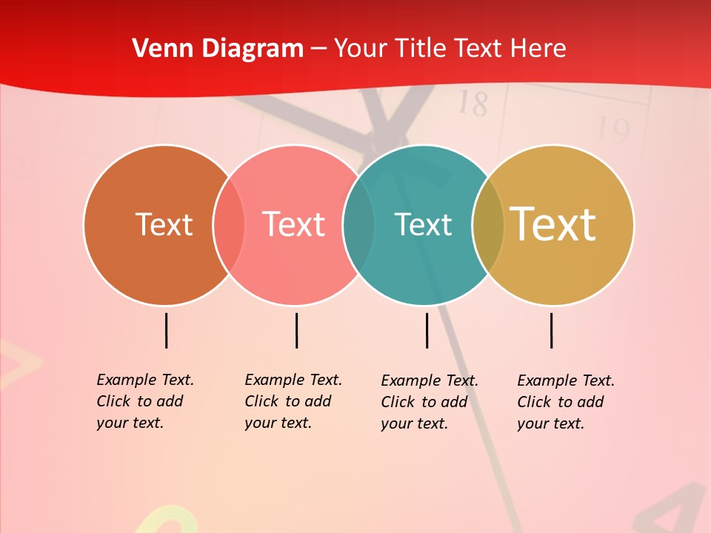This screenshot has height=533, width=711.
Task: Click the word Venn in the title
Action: (x=156, y=48)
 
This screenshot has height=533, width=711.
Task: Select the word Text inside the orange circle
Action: (x=164, y=224)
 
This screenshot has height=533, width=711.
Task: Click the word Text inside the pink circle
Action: (x=294, y=224)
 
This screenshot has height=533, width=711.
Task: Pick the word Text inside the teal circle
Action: (x=423, y=224)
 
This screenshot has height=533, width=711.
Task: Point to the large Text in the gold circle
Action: (x=553, y=224)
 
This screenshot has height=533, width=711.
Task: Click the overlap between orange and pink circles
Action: (x=229, y=224)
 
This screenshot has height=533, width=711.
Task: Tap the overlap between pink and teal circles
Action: (x=358, y=224)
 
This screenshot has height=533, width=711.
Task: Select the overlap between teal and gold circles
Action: (x=488, y=224)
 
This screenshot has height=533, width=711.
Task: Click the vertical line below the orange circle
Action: (x=166, y=330)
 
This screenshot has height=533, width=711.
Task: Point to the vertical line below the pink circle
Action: (x=296, y=330)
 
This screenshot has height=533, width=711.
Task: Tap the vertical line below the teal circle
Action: (x=427, y=330)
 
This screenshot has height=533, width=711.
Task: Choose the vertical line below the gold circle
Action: (x=551, y=330)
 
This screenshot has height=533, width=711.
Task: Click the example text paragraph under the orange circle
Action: (x=145, y=401)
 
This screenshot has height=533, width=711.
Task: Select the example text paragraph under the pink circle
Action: (x=293, y=401)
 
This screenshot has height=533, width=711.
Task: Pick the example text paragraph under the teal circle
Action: (x=430, y=402)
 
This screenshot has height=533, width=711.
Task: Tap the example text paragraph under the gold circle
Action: (x=566, y=402)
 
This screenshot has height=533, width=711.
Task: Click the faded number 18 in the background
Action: (x=473, y=104)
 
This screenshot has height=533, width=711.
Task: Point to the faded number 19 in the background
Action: (x=612, y=130)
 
